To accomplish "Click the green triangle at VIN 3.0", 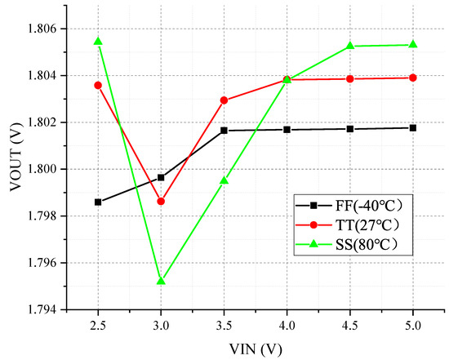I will click(x=161, y=281).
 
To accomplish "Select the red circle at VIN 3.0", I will click(x=161, y=201).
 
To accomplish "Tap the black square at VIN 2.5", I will click(x=98, y=202).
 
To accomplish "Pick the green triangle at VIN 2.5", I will click(x=98, y=41).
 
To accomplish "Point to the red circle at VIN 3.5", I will click(x=224, y=100).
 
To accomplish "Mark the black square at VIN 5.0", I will click(x=413, y=127).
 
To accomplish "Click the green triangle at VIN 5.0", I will click(x=413, y=44).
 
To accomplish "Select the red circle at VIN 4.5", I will click(x=350, y=78).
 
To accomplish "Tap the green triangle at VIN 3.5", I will click(x=224, y=180).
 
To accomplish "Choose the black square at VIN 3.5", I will click(x=224, y=131).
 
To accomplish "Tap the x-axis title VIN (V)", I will click(x=255, y=348).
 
